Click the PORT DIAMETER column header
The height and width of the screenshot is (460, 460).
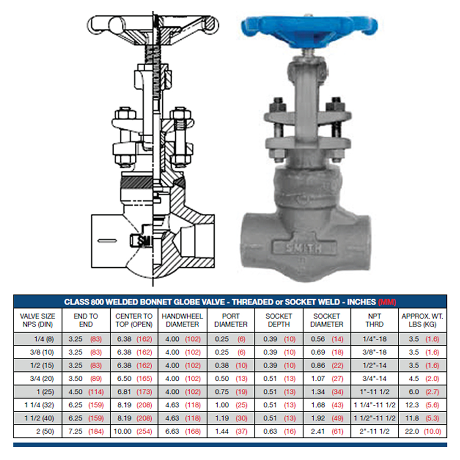point(231,320)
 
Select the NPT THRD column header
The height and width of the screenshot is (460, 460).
point(374,320)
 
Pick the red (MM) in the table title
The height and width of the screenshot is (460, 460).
point(387,302)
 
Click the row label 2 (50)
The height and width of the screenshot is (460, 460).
point(45,431)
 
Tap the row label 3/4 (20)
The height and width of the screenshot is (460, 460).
point(42,379)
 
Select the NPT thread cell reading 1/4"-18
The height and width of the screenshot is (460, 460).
point(374,339)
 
